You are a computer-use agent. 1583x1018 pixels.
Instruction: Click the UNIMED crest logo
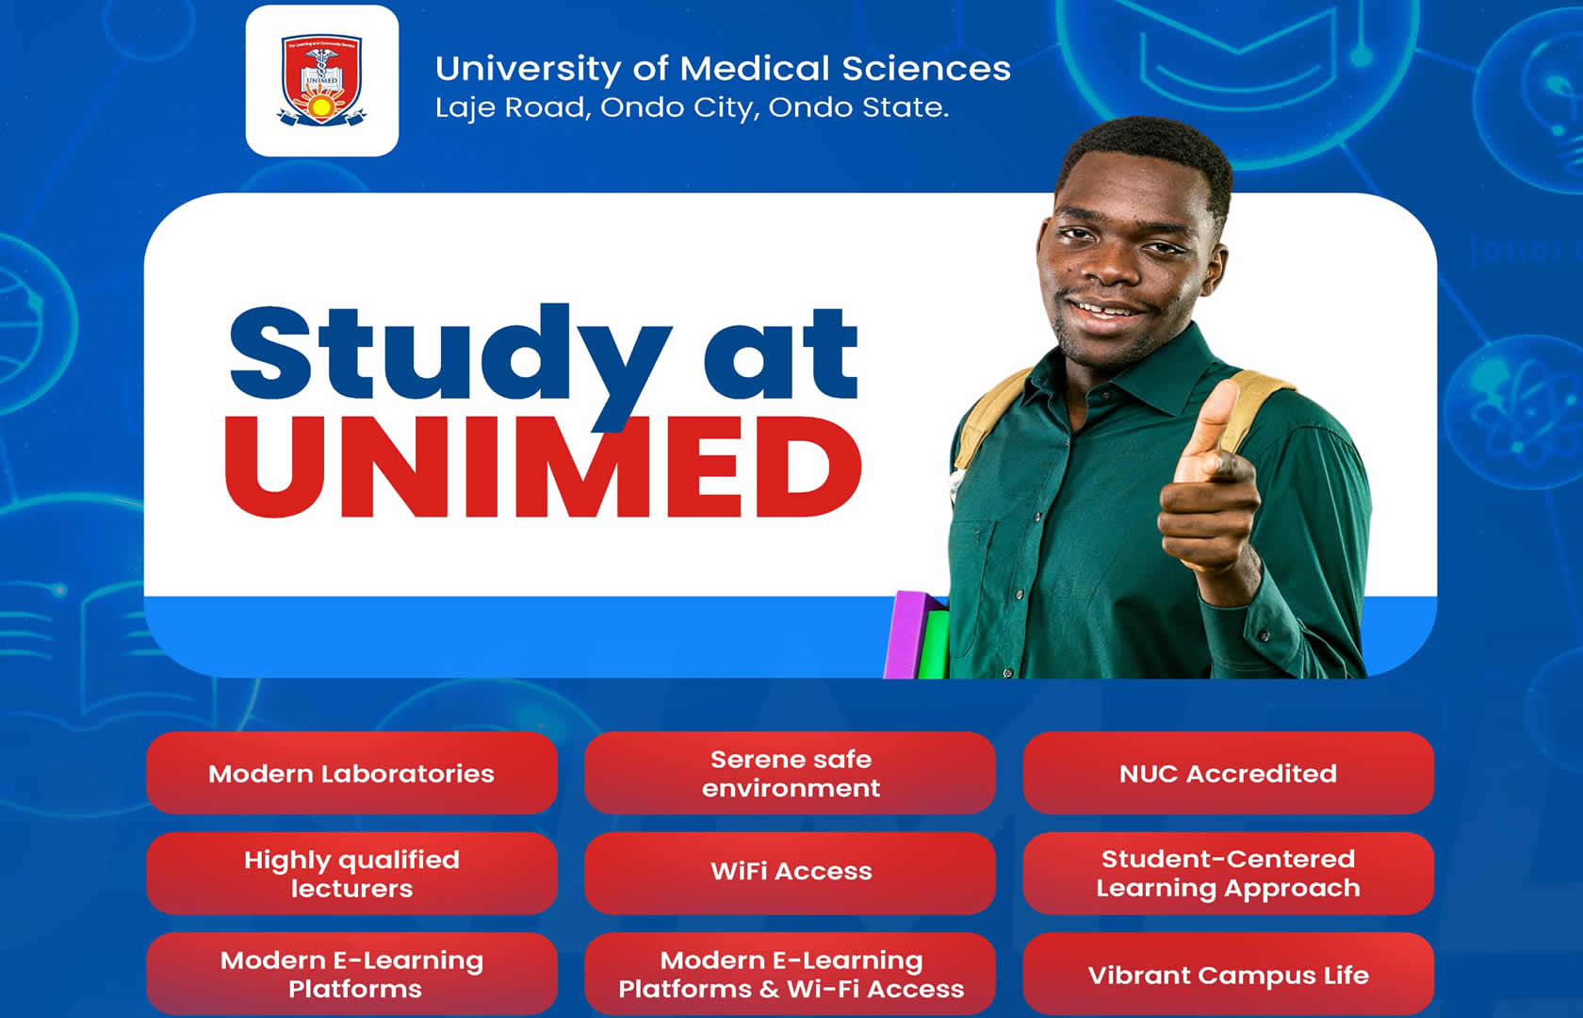coord(321,81)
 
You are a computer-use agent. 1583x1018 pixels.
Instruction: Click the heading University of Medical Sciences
coord(723,69)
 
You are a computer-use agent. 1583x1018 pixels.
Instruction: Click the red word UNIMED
coord(543,468)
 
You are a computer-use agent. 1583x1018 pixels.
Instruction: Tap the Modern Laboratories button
coord(352,773)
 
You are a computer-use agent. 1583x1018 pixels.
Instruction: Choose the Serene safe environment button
coord(790,773)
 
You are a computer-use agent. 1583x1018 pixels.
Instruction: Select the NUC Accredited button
coord(1229,773)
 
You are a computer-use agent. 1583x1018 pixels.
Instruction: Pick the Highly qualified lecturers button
coord(352,874)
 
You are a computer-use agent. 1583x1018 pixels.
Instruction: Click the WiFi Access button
coord(790,874)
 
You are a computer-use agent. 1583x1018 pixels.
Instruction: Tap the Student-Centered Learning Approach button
coord(1229,874)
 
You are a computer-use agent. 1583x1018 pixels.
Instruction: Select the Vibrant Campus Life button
coord(1229,975)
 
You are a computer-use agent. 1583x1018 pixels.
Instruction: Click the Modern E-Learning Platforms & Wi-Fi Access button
coord(790,975)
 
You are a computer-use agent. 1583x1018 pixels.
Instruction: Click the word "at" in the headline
coord(781,353)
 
